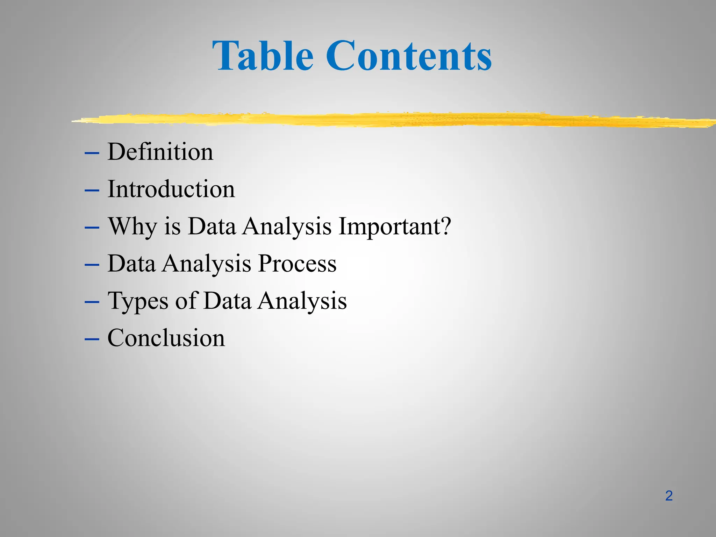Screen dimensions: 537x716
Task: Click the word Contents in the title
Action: click(409, 56)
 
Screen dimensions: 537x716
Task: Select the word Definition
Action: click(160, 152)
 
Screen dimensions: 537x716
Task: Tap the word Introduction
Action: click(171, 189)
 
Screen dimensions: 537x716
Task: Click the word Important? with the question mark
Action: click(395, 227)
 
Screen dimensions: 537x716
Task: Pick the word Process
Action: click(297, 263)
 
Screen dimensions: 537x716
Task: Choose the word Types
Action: click(138, 301)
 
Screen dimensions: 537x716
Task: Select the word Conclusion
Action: click(166, 338)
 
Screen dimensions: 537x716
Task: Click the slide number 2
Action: click(669, 496)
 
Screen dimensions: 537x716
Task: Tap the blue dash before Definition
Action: click(92, 153)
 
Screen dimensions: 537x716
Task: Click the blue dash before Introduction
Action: click(92, 190)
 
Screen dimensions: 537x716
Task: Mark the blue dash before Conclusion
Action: click(92, 339)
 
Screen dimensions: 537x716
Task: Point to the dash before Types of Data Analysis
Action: click(92, 302)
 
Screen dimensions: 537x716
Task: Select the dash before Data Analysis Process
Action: click(92, 265)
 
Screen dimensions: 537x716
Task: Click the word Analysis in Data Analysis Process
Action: click(207, 264)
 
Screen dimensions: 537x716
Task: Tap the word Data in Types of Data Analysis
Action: click(227, 301)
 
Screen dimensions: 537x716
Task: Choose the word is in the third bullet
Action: click(172, 227)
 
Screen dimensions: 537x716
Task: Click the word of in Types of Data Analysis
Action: click(185, 301)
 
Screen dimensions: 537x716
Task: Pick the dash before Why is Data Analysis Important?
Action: click(92, 227)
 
